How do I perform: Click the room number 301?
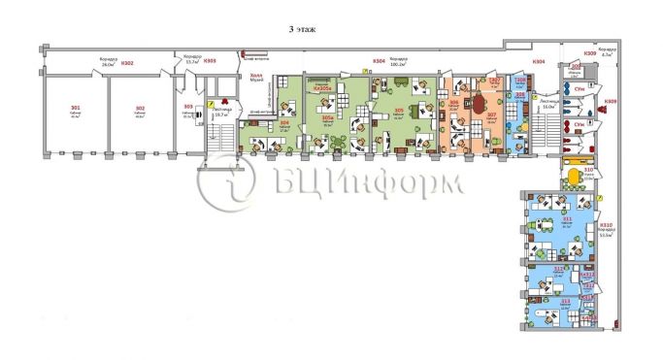coord(75,107)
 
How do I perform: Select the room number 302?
coord(141,107)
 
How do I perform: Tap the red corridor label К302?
coord(128,64)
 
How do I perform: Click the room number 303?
coord(189,106)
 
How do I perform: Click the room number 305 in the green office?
coord(400,111)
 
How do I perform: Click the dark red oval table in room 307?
coord(482,102)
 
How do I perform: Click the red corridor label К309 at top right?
coord(590,52)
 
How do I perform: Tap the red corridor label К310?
coord(607,226)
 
